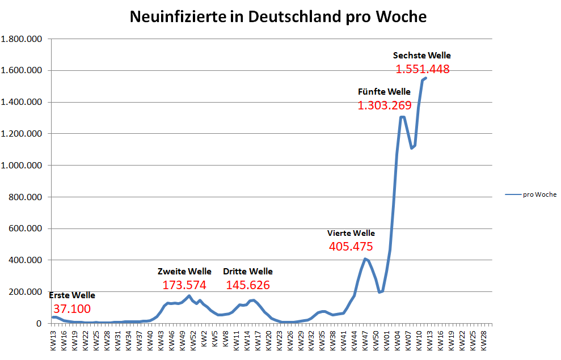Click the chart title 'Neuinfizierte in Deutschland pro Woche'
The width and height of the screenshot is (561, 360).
[278, 17]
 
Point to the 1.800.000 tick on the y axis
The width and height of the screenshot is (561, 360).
[22, 39]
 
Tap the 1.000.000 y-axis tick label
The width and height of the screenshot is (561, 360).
[22, 166]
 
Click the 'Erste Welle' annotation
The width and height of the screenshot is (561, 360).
[72, 295]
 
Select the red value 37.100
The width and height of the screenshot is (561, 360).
[71, 309]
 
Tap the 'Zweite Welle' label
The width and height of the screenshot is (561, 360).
[184, 272]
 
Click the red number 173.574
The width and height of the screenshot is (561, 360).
[184, 285]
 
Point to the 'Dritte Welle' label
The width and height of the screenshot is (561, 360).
[248, 272]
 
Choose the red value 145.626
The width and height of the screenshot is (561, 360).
[248, 285]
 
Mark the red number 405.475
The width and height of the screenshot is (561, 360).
[351, 247]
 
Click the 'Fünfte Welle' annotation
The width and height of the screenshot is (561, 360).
[384, 92]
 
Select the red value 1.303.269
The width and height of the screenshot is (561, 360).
[384, 105]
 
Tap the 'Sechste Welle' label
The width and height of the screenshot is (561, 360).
[422, 56]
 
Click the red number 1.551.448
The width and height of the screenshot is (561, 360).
[423, 69]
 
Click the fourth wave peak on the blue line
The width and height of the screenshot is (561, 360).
[366, 259]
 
